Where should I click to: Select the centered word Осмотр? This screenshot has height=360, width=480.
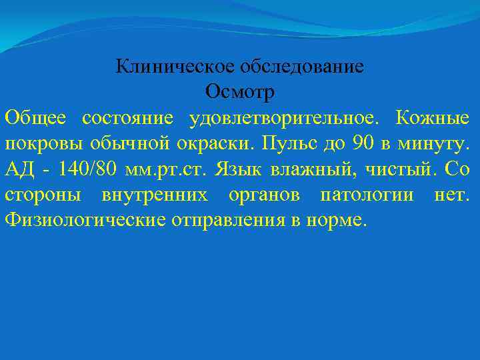click(240, 92)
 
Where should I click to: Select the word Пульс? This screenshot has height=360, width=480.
click(286, 143)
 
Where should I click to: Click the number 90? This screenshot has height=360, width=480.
click(359, 143)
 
